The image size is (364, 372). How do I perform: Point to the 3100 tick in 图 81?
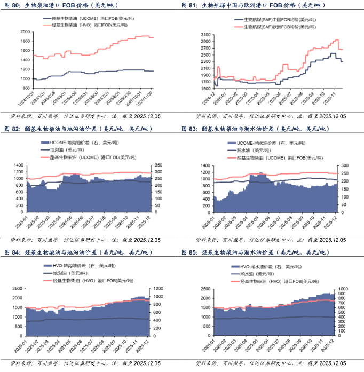click(x=204, y=34)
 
